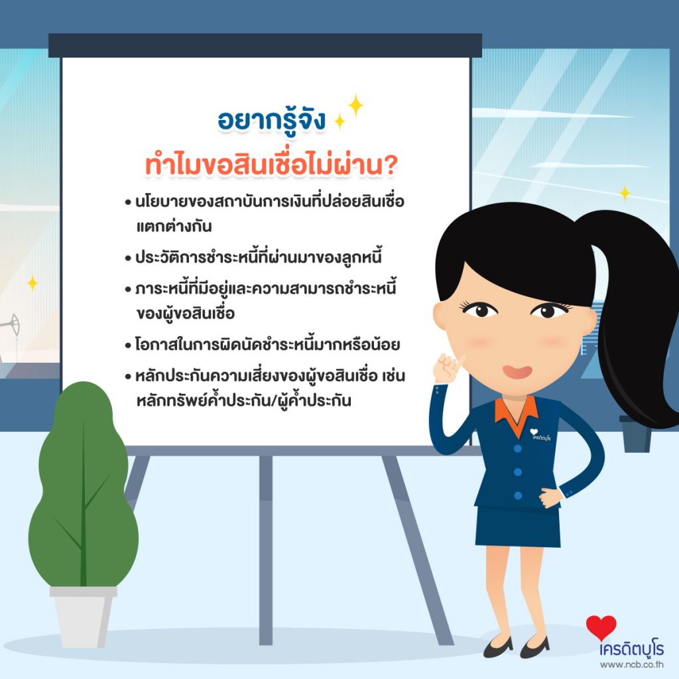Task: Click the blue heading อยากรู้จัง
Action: pos(271,121)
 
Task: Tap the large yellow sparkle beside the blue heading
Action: pos(355,105)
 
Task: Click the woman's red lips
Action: pos(517,371)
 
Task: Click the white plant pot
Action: pos(83,617)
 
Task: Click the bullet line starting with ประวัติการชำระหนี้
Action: pos(253,257)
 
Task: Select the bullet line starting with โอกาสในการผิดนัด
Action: pos(263,345)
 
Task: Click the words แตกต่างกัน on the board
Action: pos(174,226)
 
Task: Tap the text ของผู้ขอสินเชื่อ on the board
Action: pos(186,313)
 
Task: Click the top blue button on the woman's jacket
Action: pos(517,449)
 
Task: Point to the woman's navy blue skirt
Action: pos(517,526)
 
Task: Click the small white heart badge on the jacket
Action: pos(534,432)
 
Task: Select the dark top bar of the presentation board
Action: pos(265,46)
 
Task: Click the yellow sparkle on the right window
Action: pos(625,193)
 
